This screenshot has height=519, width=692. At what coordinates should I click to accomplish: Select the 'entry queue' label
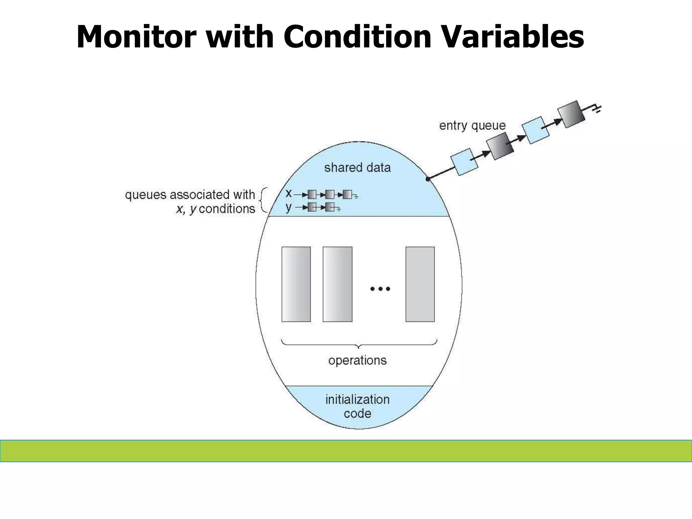(472, 126)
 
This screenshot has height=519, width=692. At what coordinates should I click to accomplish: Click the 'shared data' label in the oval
(357, 168)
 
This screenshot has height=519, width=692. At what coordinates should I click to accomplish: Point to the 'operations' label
(357, 360)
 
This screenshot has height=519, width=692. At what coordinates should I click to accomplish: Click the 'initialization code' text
(357, 406)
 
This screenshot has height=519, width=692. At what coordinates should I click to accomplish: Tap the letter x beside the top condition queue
(289, 193)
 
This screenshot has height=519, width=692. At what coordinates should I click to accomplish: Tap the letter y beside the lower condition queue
(288, 207)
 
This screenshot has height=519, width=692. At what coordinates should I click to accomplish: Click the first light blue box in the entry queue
(464, 162)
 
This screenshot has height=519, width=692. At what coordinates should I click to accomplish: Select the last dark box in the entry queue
(571, 114)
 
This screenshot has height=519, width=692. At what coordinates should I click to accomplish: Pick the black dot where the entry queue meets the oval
(428, 179)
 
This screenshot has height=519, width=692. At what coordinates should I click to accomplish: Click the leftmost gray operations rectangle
(296, 284)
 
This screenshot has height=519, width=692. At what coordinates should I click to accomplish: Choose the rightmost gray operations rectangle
(420, 284)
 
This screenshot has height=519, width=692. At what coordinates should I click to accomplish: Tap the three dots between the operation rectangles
(380, 289)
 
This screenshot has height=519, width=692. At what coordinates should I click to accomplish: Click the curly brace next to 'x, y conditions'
(263, 200)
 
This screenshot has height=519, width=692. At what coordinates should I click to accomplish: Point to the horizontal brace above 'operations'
(359, 344)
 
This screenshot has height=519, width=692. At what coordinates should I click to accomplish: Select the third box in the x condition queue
(347, 195)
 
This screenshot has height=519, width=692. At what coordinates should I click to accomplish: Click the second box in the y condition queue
(330, 207)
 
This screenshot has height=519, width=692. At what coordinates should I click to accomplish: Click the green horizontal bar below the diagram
(346, 451)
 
